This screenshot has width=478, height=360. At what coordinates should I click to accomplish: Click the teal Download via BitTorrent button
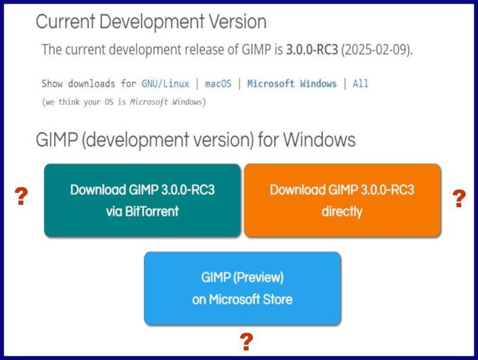[142, 200]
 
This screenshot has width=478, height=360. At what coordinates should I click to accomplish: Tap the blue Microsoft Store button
[243, 288]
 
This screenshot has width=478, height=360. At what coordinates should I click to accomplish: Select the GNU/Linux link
[166, 84]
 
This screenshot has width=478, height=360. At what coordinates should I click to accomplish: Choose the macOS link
[218, 84]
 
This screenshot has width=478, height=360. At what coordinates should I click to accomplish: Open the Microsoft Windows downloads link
[292, 84]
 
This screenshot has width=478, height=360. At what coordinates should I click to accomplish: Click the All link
[360, 84]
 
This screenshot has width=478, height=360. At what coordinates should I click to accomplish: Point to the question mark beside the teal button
[22, 196]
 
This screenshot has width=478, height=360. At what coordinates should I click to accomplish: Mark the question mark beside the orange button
[459, 198]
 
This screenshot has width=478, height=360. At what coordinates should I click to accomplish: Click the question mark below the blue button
[246, 341]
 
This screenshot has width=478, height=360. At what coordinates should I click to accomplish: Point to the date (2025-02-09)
[377, 50]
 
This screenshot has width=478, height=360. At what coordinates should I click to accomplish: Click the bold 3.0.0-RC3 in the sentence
[312, 50]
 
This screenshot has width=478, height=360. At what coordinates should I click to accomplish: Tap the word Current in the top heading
[66, 21]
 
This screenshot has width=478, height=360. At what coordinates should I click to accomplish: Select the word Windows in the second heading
[320, 140]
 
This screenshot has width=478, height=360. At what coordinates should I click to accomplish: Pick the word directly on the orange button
[342, 211]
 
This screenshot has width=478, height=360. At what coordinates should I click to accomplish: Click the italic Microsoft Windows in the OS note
[166, 101]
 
